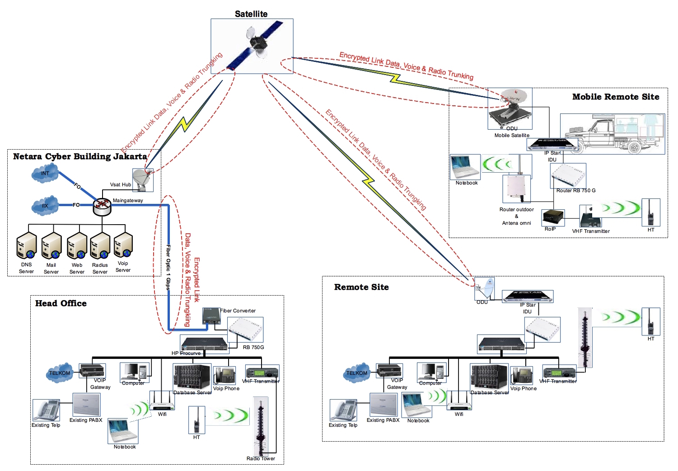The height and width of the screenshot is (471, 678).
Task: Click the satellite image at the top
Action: click(x=252, y=46)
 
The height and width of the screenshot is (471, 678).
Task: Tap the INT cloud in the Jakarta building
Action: click(x=45, y=174)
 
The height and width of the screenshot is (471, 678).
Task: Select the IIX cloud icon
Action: click(x=45, y=206)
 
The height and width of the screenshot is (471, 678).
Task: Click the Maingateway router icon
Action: click(x=102, y=206)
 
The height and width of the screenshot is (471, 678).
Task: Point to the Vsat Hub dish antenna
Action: click(x=143, y=179)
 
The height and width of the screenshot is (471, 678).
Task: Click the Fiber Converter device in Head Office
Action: click(x=211, y=316)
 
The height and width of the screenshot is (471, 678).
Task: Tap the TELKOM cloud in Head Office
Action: click(x=60, y=373)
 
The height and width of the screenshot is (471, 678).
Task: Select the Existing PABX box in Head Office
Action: click(x=86, y=404)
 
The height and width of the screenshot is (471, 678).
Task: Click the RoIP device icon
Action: click(x=553, y=217)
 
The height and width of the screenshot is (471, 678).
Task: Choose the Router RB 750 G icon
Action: click(x=568, y=176)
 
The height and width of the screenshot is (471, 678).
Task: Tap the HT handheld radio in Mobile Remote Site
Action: click(x=651, y=213)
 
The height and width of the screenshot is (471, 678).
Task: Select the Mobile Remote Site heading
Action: click(x=616, y=97)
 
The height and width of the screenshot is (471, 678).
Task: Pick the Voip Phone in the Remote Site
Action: click(x=522, y=376)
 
